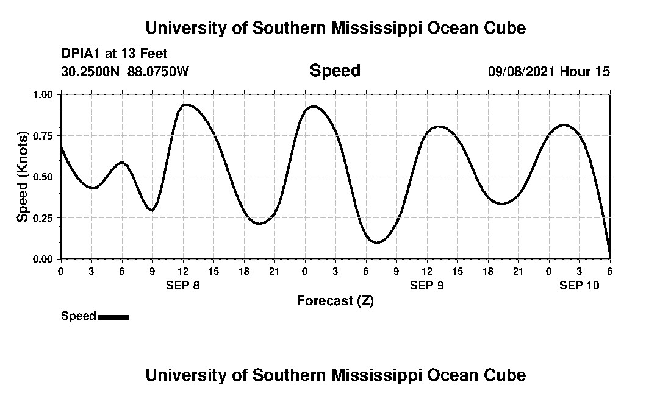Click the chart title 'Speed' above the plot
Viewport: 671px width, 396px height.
click(335, 71)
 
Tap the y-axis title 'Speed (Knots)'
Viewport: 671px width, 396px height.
click(23, 177)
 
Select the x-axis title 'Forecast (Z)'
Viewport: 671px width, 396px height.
click(335, 300)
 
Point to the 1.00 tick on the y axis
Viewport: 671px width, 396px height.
click(43, 95)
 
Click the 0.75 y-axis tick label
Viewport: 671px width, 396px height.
click(43, 136)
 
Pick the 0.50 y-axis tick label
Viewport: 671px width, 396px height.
click(43, 177)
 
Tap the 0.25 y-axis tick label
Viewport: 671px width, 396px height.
click(43, 218)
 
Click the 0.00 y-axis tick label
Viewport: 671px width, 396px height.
click(43, 260)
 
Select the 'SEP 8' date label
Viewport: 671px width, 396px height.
click(183, 285)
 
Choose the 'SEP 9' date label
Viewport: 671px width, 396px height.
click(427, 285)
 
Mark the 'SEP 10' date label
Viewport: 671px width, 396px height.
click(579, 285)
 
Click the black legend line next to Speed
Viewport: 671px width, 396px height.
click(113, 317)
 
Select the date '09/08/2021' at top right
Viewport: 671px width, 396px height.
click(522, 72)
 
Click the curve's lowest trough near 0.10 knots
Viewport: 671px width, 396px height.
click(378, 242)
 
